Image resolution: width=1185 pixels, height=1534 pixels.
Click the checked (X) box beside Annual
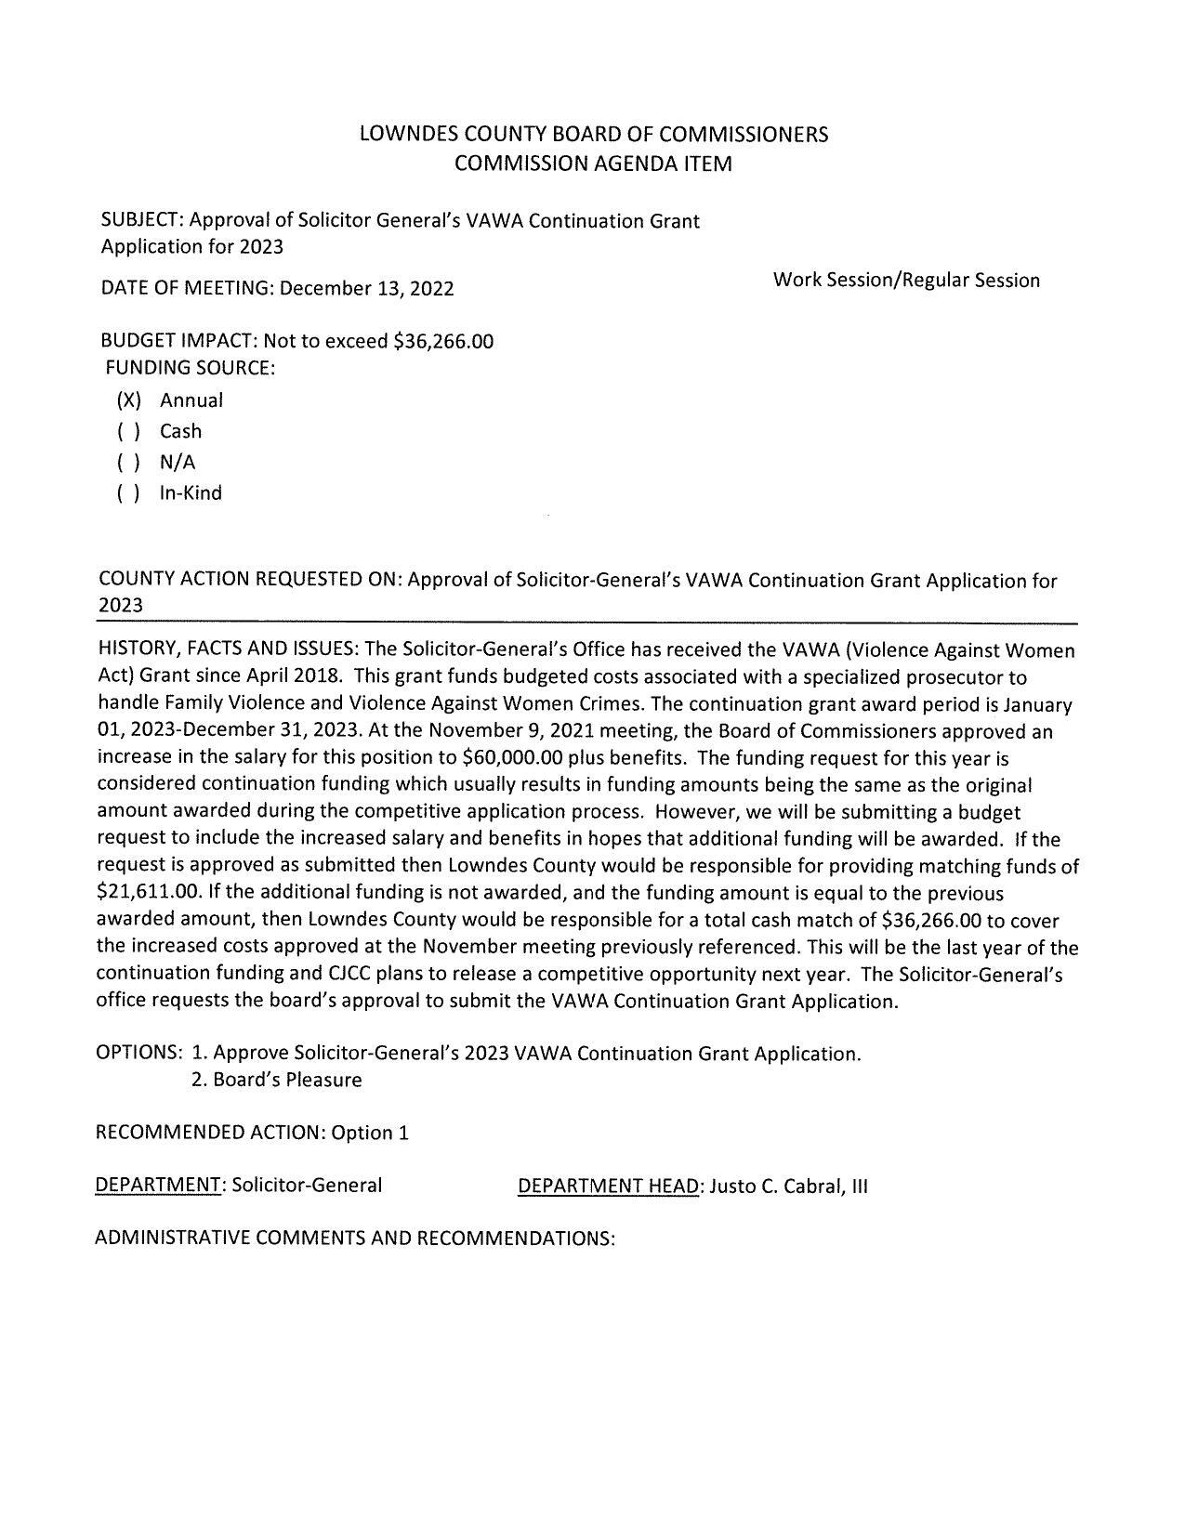coord(128,400)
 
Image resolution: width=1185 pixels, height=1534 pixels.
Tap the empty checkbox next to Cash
coord(128,431)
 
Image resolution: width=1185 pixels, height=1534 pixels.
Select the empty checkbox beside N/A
coord(128,463)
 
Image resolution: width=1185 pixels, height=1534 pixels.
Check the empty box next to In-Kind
coord(128,493)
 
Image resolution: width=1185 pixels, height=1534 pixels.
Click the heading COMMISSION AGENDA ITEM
coord(593,164)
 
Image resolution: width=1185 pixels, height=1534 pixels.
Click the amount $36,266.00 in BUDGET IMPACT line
coord(443,341)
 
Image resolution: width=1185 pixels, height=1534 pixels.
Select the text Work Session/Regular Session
coord(905,280)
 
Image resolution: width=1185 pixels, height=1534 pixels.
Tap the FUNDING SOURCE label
coord(191,368)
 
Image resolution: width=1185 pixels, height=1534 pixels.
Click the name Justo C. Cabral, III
coord(788,1187)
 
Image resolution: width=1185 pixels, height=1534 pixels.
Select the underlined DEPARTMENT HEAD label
coord(608,1187)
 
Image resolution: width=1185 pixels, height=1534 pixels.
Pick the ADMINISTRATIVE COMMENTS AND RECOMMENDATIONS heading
coord(355,1239)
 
